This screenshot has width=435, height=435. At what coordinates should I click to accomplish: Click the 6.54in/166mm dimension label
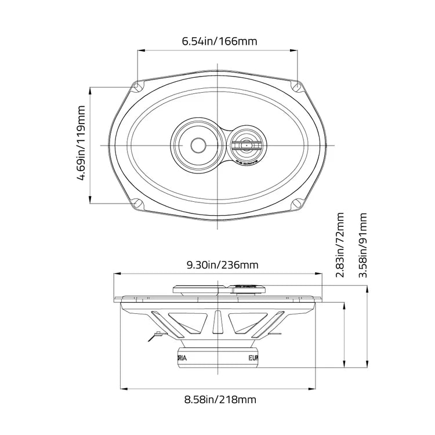tap(219, 42)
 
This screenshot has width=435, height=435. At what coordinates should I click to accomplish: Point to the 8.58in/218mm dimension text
tap(220, 399)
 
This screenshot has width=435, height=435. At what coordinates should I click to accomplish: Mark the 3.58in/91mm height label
tap(363, 245)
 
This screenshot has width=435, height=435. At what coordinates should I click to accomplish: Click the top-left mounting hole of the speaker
tap(137, 87)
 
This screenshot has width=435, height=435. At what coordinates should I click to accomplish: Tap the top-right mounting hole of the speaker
tap(297, 87)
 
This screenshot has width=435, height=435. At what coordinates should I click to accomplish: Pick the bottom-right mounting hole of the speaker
tap(297, 204)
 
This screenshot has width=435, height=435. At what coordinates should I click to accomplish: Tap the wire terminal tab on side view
tap(156, 334)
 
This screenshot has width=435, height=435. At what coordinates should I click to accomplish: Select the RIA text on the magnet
tap(182, 358)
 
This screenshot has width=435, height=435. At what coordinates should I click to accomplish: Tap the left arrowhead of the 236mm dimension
tap(115, 273)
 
